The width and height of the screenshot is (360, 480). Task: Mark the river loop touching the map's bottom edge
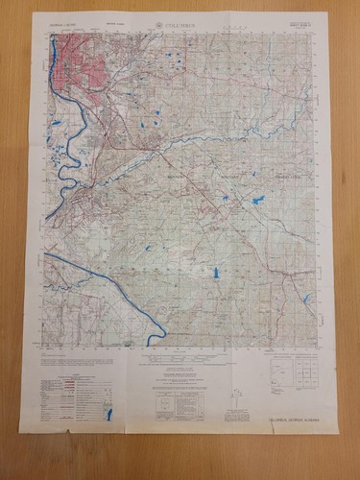pyautogui.click(x=158, y=336)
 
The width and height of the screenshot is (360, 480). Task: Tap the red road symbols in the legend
pyautogui.click(x=65, y=382)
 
